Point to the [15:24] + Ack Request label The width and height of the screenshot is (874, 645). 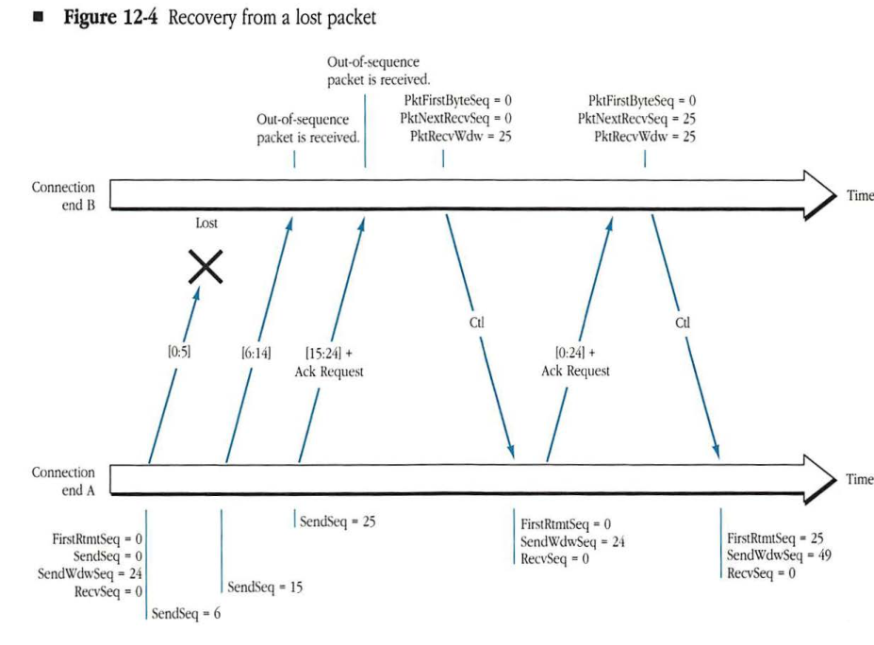coord(329,362)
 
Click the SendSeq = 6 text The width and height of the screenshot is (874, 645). coord(186,614)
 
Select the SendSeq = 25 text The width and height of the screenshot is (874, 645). coord(338,521)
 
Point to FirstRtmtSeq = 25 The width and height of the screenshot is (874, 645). coord(775,538)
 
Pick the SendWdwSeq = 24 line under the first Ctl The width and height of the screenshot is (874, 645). coord(572,541)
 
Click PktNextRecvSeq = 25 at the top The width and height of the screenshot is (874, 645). coord(636,118)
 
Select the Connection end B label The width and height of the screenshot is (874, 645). coord(63,196)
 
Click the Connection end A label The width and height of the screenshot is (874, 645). coord(63,481)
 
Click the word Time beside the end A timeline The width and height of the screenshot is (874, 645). coord(859,480)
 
